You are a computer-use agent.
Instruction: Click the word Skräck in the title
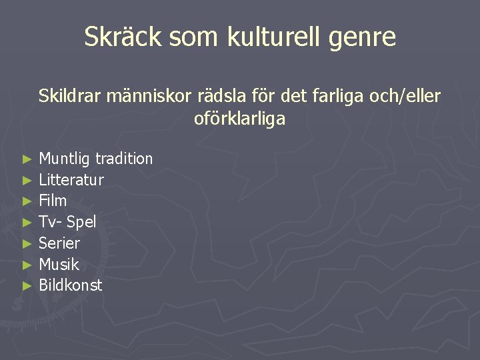[x=123, y=37]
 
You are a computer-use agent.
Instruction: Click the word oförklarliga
[x=239, y=119]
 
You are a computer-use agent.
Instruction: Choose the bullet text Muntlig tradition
[x=96, y=159]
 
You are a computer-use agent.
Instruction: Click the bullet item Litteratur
[x=71, y=179]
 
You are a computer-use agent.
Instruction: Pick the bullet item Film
[x=53, y=201]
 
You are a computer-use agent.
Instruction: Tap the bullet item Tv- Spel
[x=67, y=222]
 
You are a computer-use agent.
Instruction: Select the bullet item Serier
[x=59, y=243]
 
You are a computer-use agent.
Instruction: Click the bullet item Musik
[x=59, y=265]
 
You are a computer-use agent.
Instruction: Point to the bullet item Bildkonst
[x=71, y=285]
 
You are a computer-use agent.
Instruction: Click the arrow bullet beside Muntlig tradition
[x=27, y=159]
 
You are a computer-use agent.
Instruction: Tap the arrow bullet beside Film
[x=27, y=201]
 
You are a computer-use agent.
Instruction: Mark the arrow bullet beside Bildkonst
[x=27, y=286]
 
